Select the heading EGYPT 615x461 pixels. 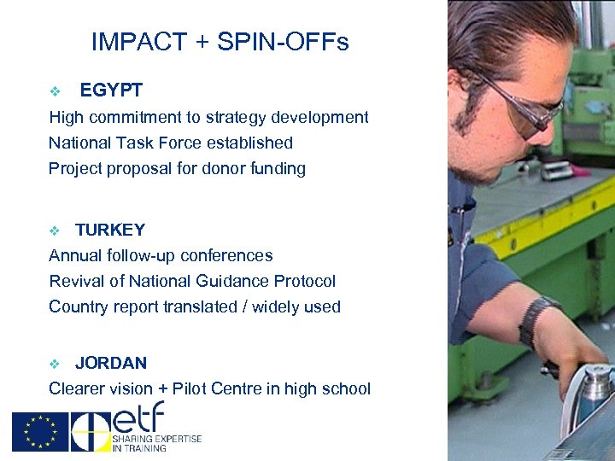pyautogui.click(x=111, y=90)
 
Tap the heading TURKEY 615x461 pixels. pyautogui.click(x=110, y=230)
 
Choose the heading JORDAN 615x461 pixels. pyautogui.click(x=111, y=363)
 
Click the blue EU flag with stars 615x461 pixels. pyautogui.click(x=39, y=431)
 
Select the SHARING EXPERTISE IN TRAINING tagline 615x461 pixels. pyautogui.click(x=156, y=442)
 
